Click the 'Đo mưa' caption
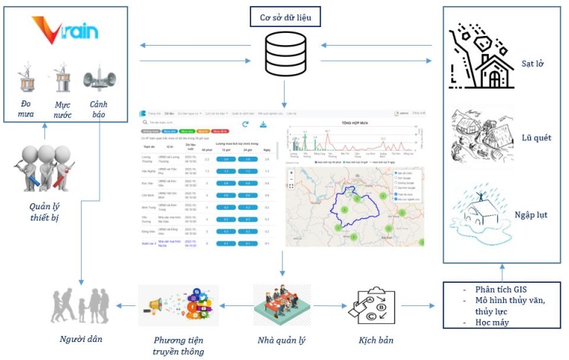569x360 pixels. coord(27,108)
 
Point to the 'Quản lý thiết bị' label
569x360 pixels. coord(44,211)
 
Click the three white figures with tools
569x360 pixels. coord(44,169)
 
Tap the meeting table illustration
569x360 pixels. coord(280,304)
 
